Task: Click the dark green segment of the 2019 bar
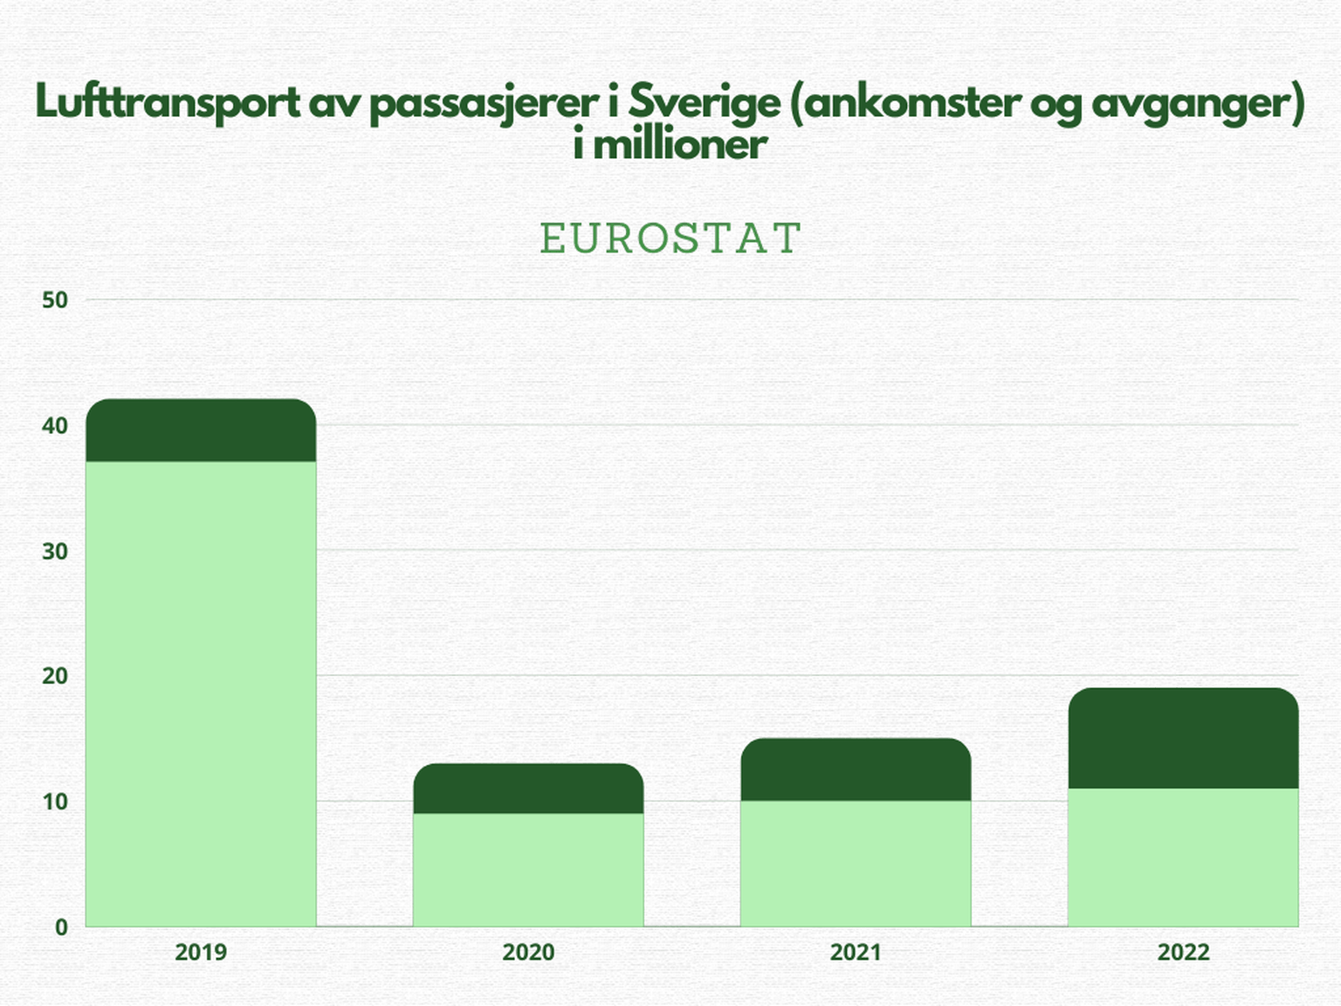coord(201,431)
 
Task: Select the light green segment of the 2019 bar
coord(201,694)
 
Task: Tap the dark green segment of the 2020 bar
coord(528,789)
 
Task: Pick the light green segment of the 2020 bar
coord(528,870)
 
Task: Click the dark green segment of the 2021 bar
coord(856,770)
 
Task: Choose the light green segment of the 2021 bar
coord(856,864)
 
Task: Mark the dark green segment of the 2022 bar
coord(1183,739)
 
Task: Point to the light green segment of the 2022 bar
coord(1183,858)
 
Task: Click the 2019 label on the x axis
coord(201,952)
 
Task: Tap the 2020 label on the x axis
coord(528,952)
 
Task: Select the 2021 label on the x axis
coord(856,952)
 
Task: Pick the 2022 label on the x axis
coord(1183,952)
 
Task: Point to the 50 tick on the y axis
coord(54,300)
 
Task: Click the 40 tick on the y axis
coord(54,426)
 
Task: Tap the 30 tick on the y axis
coord(54,551)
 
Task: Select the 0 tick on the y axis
coord(61,927)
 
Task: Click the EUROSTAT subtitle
coord(670,238)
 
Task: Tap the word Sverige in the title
coord(704,103)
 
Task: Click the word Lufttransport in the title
coord(168,103)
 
